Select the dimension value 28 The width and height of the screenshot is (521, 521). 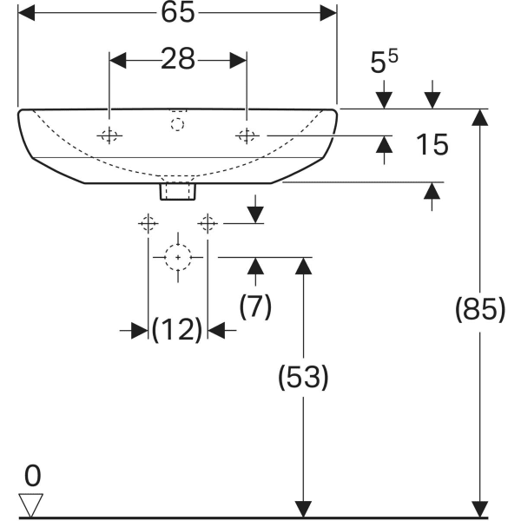click(x=177, y=60)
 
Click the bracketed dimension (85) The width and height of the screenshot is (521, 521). click(x=478, y=309)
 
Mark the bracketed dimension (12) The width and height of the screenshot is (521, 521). click(x=177, y=330)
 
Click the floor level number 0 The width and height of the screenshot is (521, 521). click(x=33, y=475)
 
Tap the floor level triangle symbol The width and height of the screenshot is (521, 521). click(x=33, y=503)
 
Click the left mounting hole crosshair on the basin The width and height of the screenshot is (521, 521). click(x=109, y=135)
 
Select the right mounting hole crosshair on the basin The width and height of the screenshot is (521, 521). click(x=247, y=135)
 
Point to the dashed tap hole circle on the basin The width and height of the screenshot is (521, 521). click(x=178, y=124)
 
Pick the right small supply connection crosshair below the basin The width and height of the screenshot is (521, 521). click(x=207, y=223)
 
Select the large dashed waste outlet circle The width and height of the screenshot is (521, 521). click(x=178, y=257)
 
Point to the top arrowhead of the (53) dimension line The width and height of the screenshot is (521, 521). click(x=302, y=266)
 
